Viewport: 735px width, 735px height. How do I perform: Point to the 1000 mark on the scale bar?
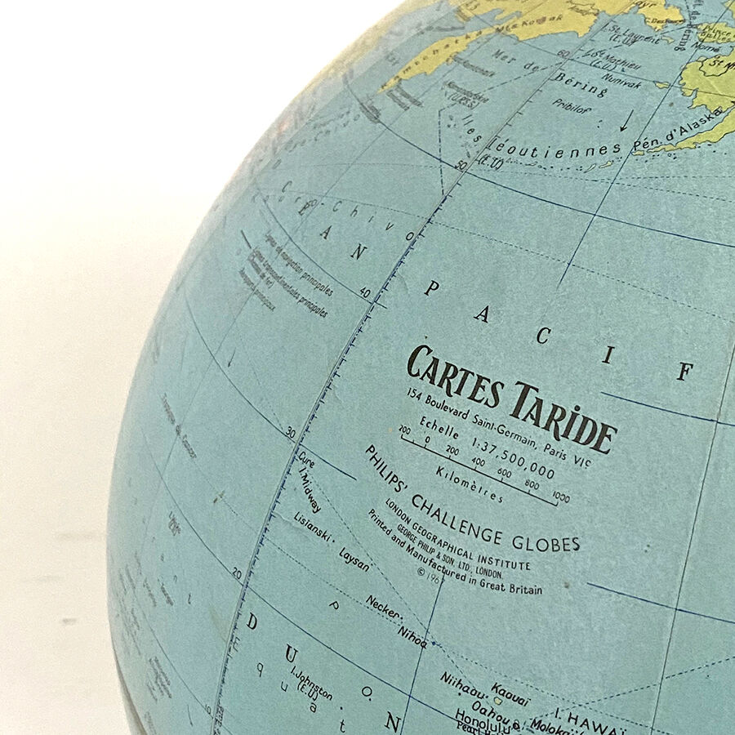(560, 497)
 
